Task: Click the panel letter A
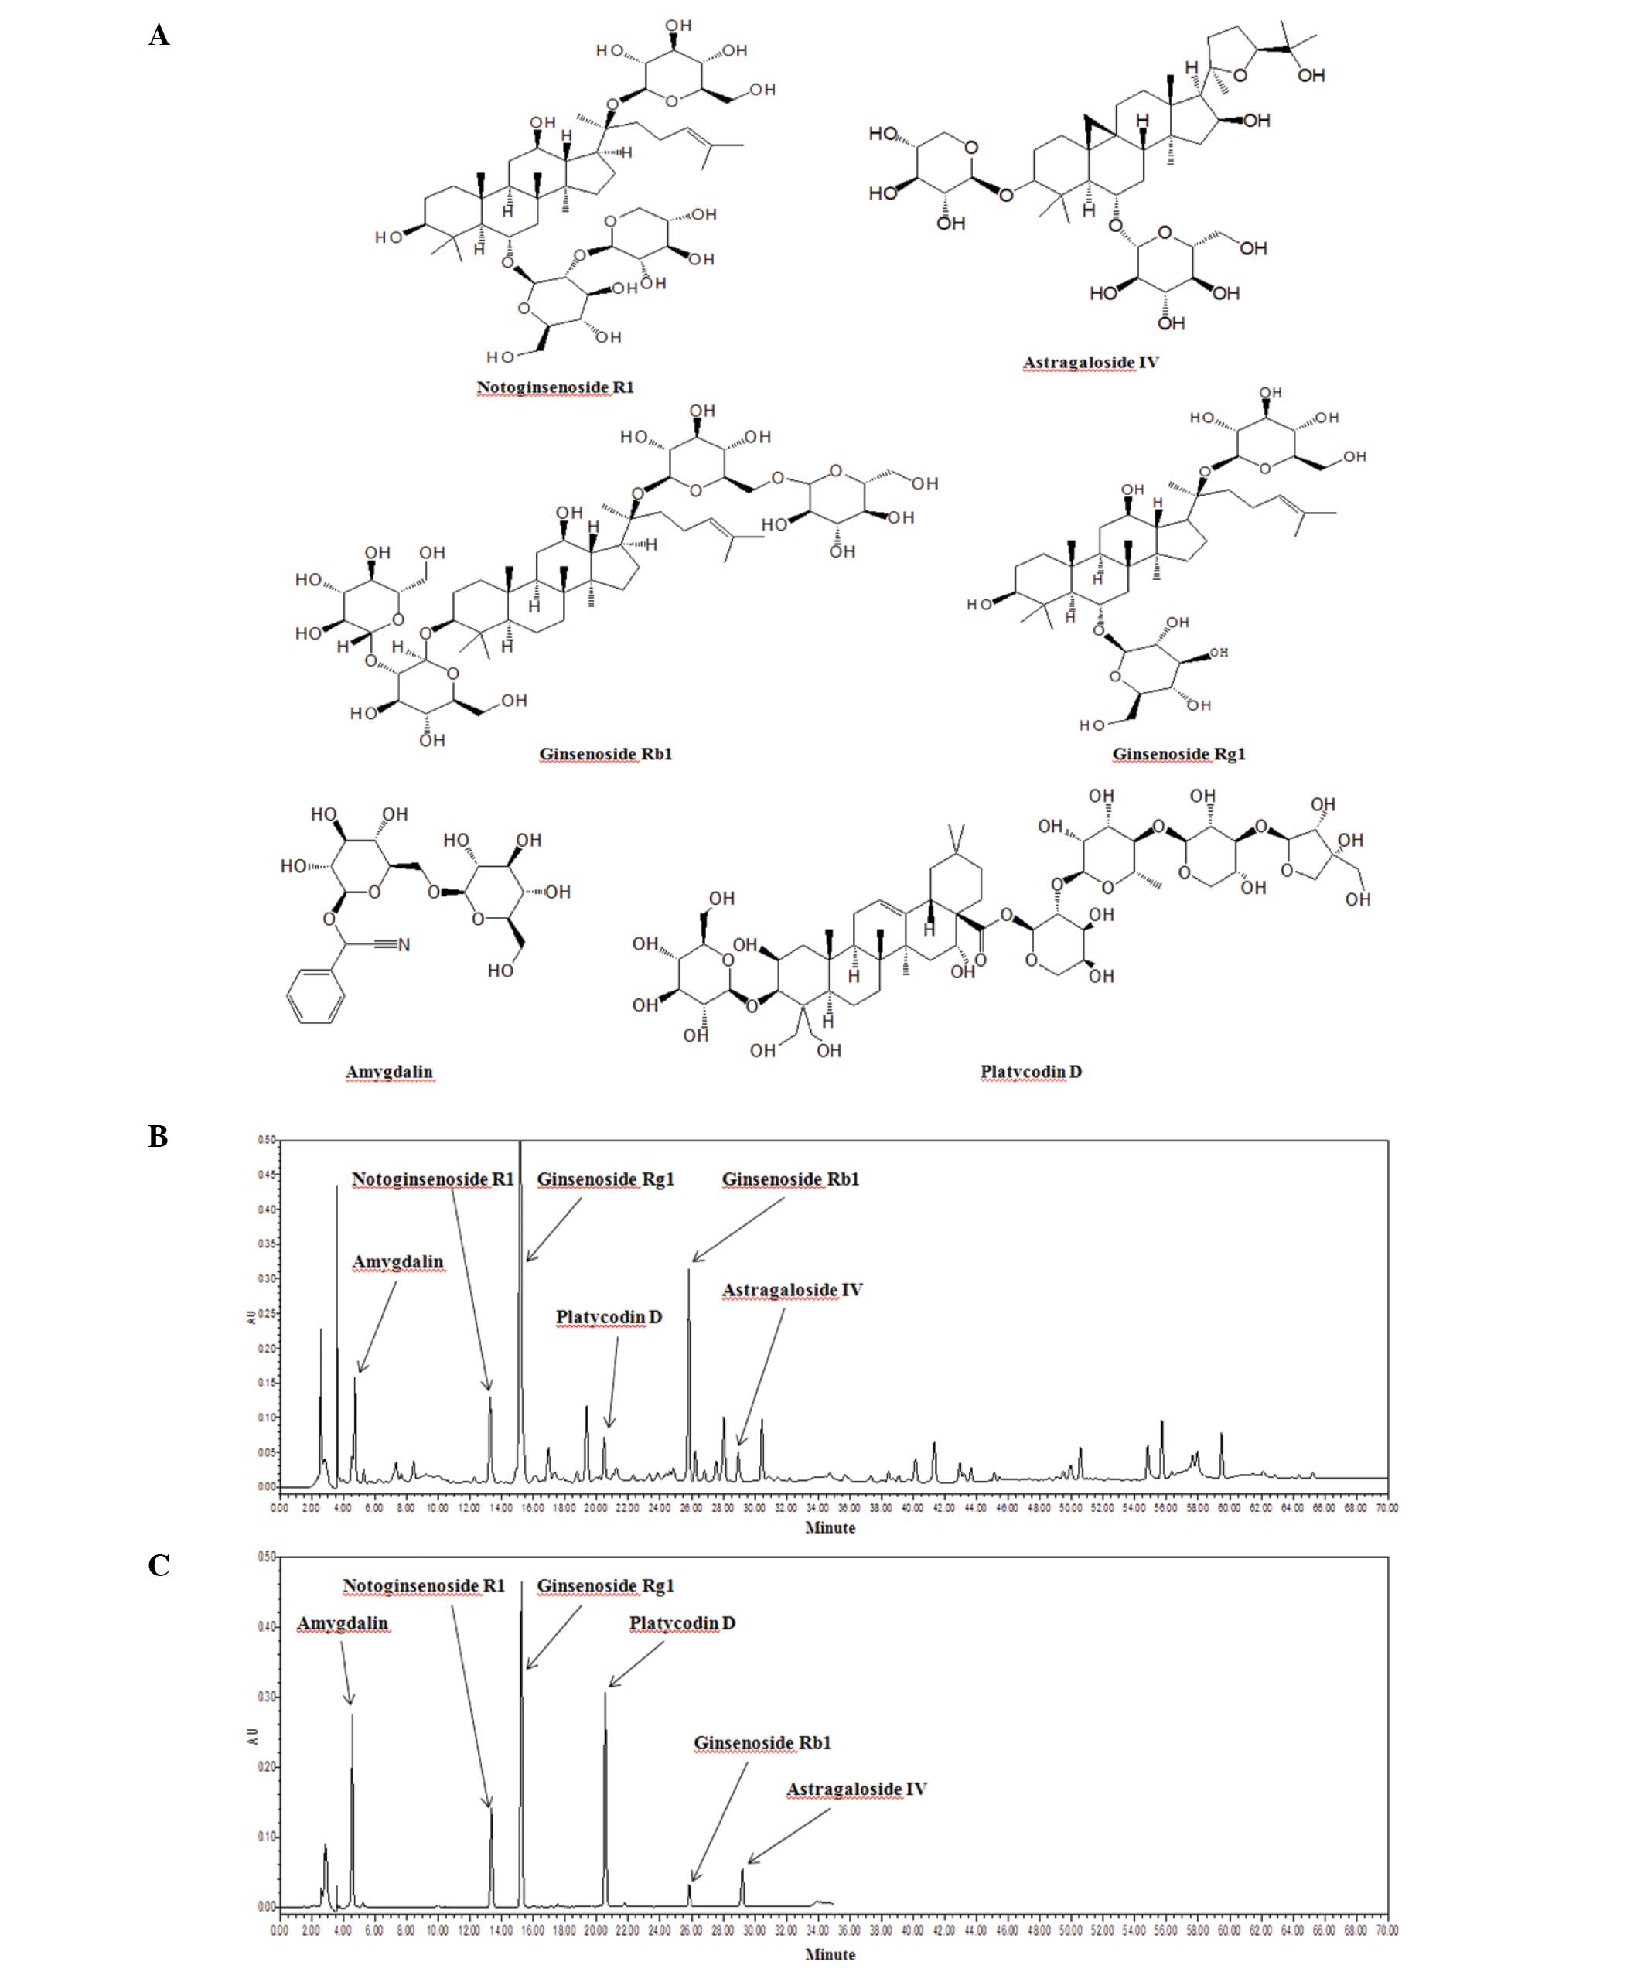pos(159,36)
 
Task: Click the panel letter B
pos(158,1136)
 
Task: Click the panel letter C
pos(159,1565)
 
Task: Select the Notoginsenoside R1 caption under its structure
pos(555,387)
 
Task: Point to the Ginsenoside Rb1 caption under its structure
pos(605,753)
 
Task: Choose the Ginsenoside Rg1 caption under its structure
pos(1178,753)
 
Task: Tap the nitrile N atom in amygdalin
pos(404,945)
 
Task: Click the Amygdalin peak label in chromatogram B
pos(398,1261)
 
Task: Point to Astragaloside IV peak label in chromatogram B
pos(792,1289)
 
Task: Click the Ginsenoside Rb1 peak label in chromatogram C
pos(762,1743)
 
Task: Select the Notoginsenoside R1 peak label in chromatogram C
pos(424,1586)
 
